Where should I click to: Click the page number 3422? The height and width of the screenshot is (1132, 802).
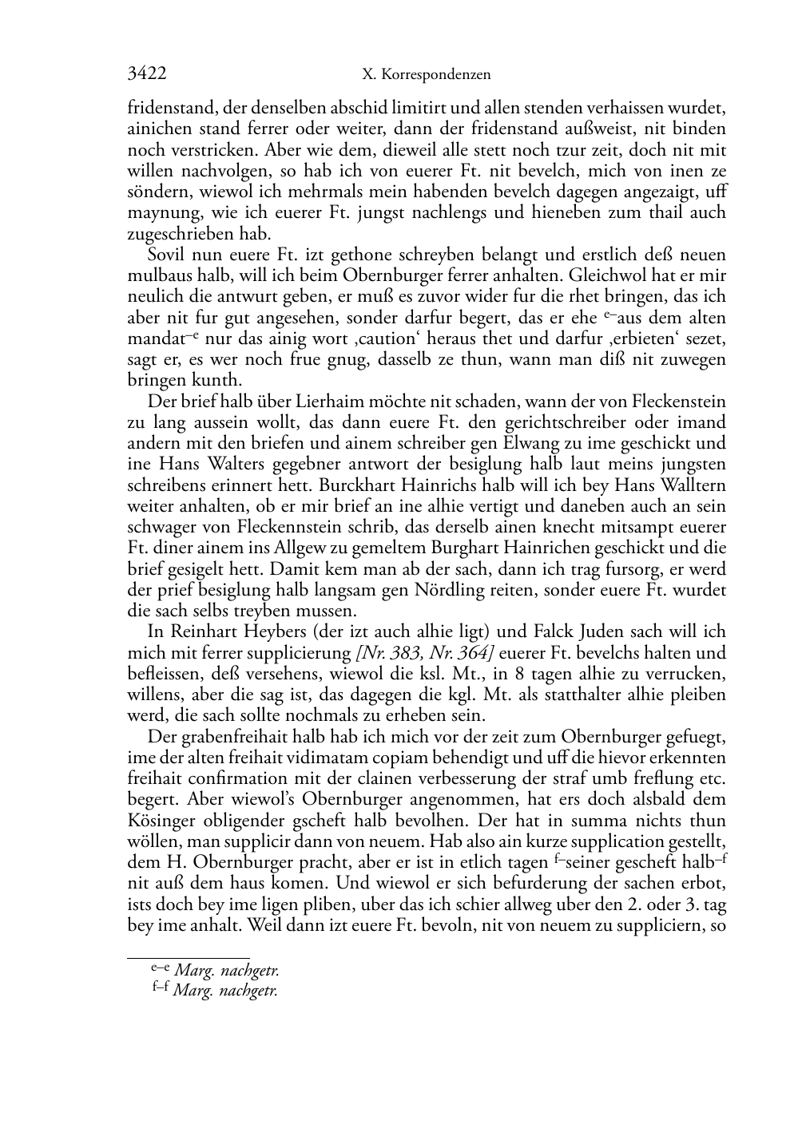[x=147, y=74]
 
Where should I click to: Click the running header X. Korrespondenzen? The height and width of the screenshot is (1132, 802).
[x=426, y=75]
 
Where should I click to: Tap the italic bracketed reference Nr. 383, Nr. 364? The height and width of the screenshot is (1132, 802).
[x=425, y=653]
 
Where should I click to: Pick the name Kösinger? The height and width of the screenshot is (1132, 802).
[x=163, y=821]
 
